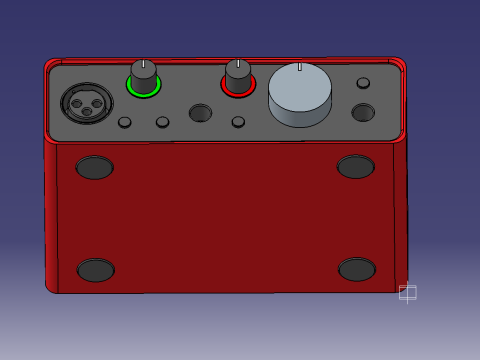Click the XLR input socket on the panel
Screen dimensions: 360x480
click(x=87, y=102)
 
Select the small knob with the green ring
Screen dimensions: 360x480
click(x=143, y=75)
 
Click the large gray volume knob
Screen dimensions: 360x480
click(x=300, y=90)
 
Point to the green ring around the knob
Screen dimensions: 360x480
click(x=143, y=94)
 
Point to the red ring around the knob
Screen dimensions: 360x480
click(x=238, y=94)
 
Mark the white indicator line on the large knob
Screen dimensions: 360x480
click(x=299, y=66)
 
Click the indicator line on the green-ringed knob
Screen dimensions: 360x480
click(x=143, y=64)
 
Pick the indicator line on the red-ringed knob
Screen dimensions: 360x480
click(x=237, y=63)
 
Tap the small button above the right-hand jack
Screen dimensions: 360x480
click(x=363, y=83)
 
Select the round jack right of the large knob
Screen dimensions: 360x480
click(x=363, y=112)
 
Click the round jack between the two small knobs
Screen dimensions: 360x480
click(x=200, y=113)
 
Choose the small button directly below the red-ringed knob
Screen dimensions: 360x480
click(x=238, y=122)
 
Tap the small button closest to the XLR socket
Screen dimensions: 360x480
click(x=124, y=122)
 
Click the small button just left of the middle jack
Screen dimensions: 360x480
click(x=162, y=122)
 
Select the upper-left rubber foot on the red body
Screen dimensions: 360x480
click(x=95, y=167)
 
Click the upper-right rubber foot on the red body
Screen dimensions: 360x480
click(x=355, y=167)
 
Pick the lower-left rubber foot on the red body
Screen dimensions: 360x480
click(x=96, y=270)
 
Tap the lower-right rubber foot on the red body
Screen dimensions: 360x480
click(x=357, y=270)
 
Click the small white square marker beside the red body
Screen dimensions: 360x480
click(x=407, y=292)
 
